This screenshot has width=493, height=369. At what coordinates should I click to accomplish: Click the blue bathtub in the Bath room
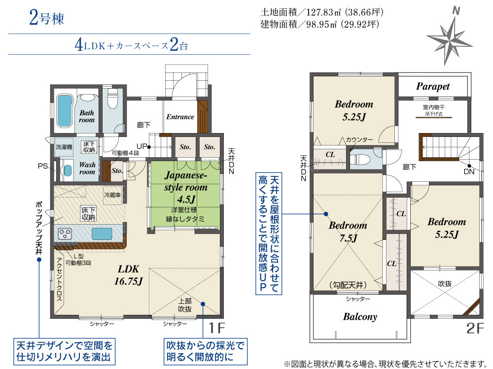65,111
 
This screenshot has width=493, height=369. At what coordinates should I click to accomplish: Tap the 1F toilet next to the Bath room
112,98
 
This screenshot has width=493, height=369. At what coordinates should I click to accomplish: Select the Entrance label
180,117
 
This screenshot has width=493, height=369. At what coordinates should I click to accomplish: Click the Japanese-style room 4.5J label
186,187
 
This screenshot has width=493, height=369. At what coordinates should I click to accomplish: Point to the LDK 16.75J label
128,275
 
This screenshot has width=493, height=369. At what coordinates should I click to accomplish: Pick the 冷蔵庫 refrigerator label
112,195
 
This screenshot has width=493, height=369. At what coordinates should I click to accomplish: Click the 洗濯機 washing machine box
64,147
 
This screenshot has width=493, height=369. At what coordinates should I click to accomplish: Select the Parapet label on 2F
433,86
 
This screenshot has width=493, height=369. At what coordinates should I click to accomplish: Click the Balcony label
360,316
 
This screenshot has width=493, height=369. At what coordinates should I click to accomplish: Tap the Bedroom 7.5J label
348,232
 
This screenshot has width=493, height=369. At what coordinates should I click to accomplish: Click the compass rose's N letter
456,11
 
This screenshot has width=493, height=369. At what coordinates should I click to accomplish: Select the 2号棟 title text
46,18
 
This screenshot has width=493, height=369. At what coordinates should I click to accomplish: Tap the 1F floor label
217,328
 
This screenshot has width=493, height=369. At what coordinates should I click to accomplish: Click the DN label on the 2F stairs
469,171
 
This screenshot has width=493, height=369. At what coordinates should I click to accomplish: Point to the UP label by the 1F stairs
141,146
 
